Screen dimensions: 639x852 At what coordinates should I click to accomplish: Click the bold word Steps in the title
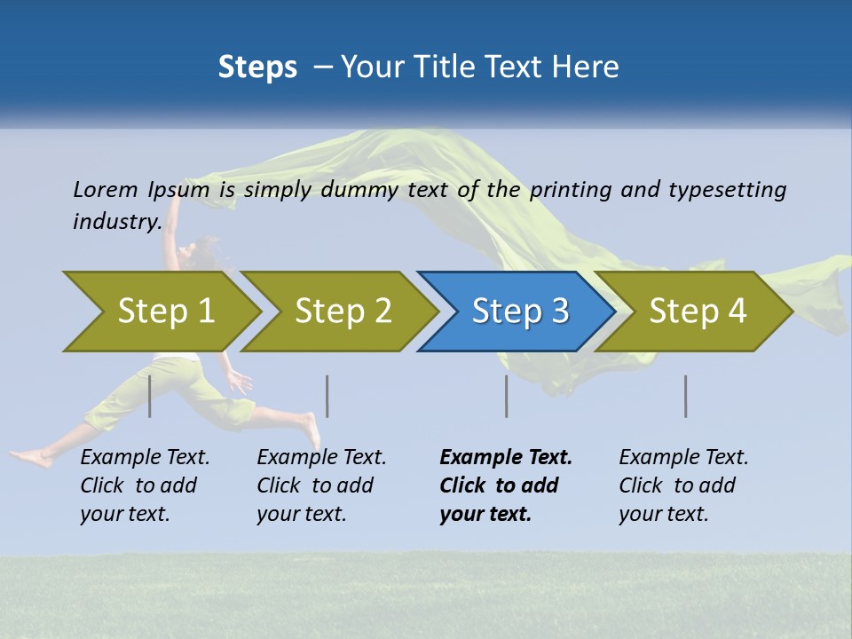[x=257, y=67]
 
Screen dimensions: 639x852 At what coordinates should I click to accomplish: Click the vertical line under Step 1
[x=150, y=396]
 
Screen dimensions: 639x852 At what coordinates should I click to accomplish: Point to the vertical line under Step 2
[x=327, y=396]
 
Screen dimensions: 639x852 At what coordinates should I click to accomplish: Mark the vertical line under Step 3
[x=507, y=396]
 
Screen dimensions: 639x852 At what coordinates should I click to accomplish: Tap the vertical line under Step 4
[x=686, y=396]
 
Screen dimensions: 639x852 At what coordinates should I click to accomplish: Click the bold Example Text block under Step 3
[x=504, y=485]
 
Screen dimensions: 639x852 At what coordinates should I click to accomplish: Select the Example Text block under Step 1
[x=144, y=485]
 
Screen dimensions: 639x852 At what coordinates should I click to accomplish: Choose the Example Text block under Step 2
[x=320, y=485]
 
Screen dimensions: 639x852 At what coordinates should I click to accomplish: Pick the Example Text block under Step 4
[x=682, y=485]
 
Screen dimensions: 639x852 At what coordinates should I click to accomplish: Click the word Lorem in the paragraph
[x=105, y=189]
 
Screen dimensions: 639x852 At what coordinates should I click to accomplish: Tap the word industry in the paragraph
[x=117, y=221]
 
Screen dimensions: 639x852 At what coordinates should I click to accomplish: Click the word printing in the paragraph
[x=570, y=190]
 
